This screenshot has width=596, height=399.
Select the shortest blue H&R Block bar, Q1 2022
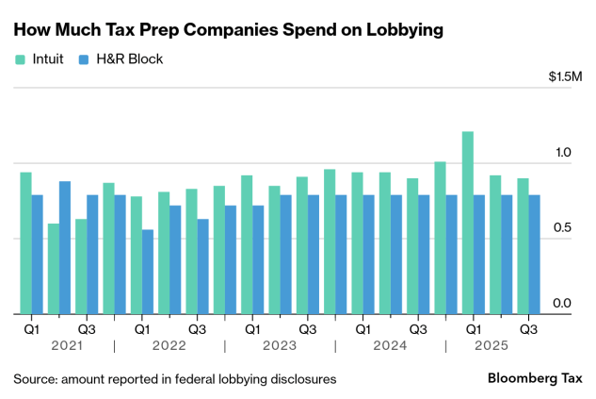click(x=148, y=272)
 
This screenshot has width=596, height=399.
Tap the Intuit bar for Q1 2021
click(x=25, y=243)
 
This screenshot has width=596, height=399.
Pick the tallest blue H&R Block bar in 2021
click(x=65, y=247)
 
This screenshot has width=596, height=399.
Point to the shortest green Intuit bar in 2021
click(x=54, y=269)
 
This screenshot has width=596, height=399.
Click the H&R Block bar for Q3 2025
click(x=534, y=255)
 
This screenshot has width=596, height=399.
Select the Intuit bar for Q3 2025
click(x=523, y=246)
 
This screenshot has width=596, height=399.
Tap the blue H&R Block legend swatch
click(x=84, y=58)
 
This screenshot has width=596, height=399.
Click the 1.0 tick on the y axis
click(x=562, y=152)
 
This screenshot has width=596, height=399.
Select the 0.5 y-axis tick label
click(x=562, y=227)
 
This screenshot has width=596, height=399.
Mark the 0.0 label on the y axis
click(x=562, y=303)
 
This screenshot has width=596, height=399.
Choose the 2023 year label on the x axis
click(x=280, y=346)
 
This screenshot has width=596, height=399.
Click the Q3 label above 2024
click(x=418, y=329)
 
